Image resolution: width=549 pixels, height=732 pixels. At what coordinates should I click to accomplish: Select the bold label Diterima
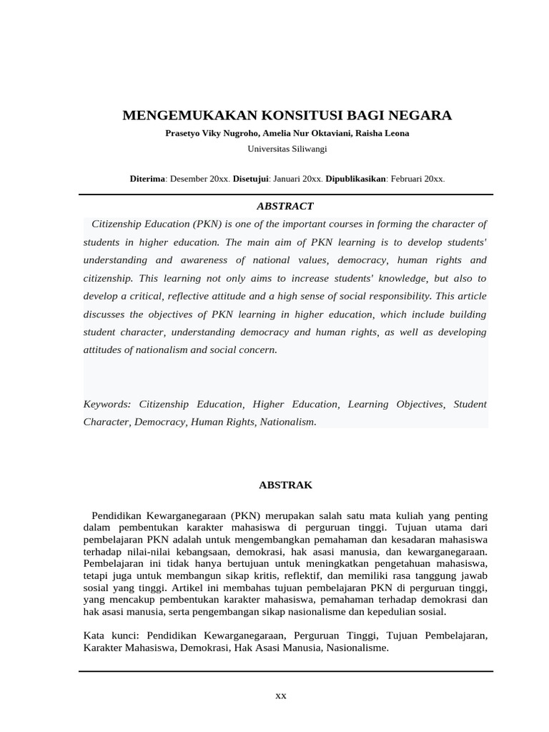click(147, 179)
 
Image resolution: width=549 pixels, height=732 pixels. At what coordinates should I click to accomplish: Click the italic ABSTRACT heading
click(285, 206)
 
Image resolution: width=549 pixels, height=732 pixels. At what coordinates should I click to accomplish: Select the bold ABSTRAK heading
click(285, 485)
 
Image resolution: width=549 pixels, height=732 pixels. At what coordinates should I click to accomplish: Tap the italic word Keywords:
click(107, 404)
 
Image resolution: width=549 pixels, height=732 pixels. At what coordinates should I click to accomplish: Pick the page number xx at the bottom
click(281, 696)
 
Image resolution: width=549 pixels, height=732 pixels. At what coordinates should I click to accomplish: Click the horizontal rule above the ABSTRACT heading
click(286, 194)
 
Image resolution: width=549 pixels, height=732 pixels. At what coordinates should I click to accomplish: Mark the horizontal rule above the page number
click(286, 671)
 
